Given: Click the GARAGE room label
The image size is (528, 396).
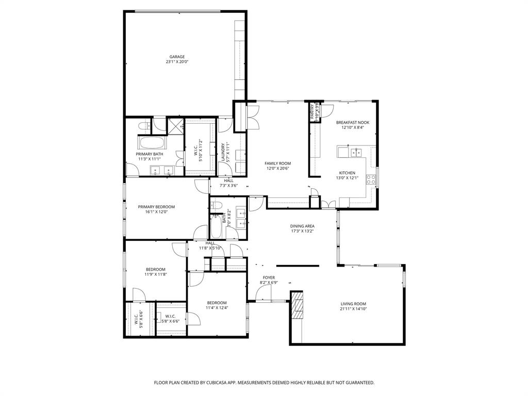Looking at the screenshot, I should pyautogui.click(x=177, y=57).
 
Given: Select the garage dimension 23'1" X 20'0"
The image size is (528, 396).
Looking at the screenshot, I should pyautogui.click(x=177, y=62).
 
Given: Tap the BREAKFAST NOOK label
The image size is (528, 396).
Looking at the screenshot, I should pyautogui.click(x=353, y=123).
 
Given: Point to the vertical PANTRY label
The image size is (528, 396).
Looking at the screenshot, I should pyautogui.click(x=312, y=112).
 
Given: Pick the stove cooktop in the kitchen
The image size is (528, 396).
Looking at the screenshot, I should pyautogui.click(x=371, y=179).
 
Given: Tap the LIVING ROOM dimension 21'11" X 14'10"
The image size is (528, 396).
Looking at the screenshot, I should pyautogui.click(x=353, y=309).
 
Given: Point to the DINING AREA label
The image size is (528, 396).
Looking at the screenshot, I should pyautogui.click(x=302, y=226).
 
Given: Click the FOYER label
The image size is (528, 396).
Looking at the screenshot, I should pyautogui.click(x=269, y=277).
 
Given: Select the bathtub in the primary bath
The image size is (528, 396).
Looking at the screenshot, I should pyautogui.click(x=151, y=143).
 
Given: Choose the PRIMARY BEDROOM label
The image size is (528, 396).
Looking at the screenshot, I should pyautogui.click(x=156, y=207).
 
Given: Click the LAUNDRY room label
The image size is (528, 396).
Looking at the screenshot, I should pyautogui.click(x=223, y=153).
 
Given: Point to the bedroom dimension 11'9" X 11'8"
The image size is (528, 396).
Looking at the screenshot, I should pyautogui.click(x=155, y=274).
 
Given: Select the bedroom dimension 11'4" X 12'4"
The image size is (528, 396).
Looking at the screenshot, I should pyautogui.click(x=217, y=308).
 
